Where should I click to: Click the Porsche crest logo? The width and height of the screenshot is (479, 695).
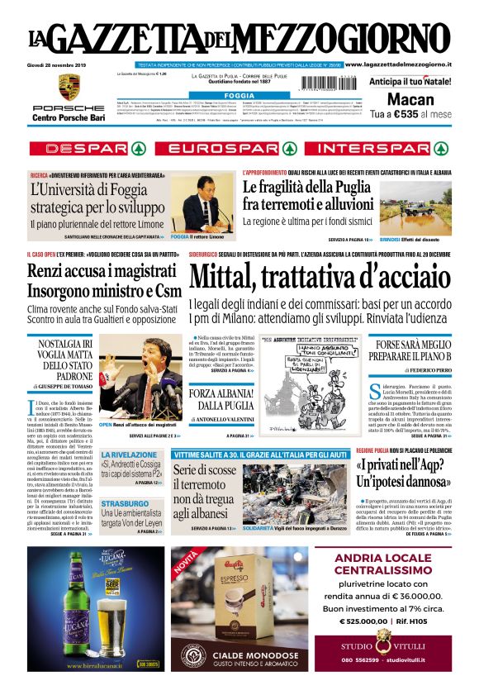tap(69, 87)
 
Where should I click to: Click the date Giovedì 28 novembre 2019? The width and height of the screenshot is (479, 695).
tap(62, 64)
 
